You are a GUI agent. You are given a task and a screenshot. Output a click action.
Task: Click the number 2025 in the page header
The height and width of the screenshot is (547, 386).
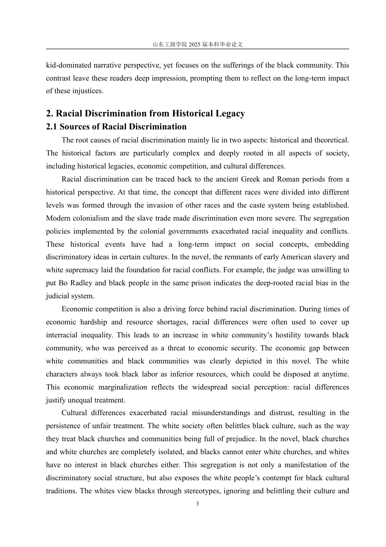[x=195, y=45]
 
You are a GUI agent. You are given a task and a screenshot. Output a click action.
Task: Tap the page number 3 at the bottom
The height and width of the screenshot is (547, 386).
[x=197, y=504]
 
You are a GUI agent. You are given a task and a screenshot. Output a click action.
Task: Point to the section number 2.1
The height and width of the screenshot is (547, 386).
[x=52, y=127]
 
